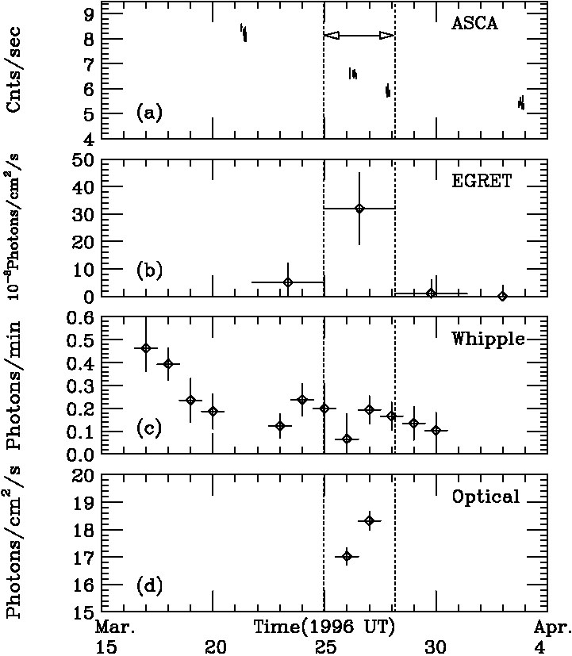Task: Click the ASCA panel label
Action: click(474, 23)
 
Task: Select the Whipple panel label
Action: click(488, 339)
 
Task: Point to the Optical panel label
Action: click(486, 497)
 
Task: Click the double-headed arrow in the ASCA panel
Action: click(359, 36)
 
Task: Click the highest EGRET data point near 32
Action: click(359, 208)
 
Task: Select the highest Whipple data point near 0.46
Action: click(146, 348)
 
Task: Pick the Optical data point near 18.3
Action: click(370, 520)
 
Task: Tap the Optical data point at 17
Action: click(347, 556)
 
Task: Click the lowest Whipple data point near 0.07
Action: click(347, 439)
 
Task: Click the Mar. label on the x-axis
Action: click(117, 627)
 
